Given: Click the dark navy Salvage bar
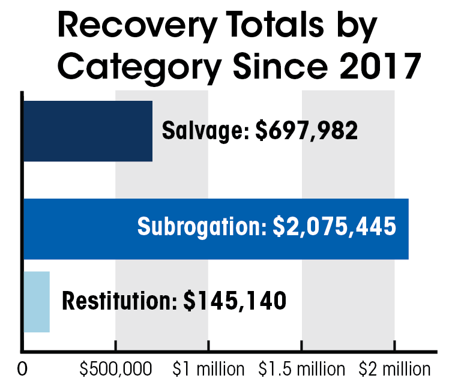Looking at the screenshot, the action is pyautogui.click(x=88, y=131).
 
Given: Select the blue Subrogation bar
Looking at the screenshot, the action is pyautogui.click(x=216, y=229).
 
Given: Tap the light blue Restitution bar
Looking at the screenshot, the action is pyautogui.click(x=37, y=302).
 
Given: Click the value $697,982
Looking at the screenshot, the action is pyautogui.click(x=306, y=130).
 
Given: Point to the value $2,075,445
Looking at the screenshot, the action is pyautogui.click(x=334, y=226).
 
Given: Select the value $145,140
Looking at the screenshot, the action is pyautogui.click(x=235, y=301).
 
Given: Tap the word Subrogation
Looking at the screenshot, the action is pyautogui.click(x=202, y=227).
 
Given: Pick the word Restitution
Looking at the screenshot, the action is pyautogui.click(x=120, y=301).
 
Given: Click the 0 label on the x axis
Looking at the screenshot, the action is pyautogui.click(x=22, y=369).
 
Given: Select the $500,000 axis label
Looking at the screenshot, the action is pyautogui.click(x=116, y=369).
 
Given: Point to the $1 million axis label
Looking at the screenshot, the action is pyautogui.click(x=208, y=369).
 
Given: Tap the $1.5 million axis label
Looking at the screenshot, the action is pyautogui.click(x=301, y=369).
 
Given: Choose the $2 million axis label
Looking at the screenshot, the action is pyautogui.click(x=394, y=369).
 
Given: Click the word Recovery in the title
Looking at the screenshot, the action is pyautogui.click(x=137, y=26).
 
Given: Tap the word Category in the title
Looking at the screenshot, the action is pyautogui.click(x=139, y=68).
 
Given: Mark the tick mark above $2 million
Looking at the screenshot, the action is pyautogui.click(x=394, y=346).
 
